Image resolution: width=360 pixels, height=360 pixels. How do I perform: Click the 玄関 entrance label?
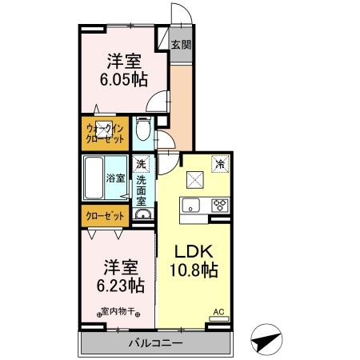[181, 45]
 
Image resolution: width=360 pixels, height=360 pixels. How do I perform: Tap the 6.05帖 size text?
[124, 79]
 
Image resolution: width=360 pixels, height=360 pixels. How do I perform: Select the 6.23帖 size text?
[121, 286]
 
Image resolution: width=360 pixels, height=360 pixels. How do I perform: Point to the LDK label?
[194, 251]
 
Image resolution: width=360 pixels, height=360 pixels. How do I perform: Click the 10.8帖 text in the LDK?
[194, 270]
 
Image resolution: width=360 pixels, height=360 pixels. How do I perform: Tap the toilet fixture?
[143, 129]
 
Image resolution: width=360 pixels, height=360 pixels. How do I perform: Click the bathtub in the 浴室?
[94, 178]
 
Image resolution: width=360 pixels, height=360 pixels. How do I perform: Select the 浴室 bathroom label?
[115, 178]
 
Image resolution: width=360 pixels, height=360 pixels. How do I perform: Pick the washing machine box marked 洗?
[141, 164]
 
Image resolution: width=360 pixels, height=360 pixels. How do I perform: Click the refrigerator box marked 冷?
[220, 164]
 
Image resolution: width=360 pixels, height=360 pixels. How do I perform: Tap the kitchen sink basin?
[190, 206]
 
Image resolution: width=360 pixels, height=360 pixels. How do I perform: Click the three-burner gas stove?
[220, 206]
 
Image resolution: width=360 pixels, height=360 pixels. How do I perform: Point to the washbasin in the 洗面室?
[143, 214]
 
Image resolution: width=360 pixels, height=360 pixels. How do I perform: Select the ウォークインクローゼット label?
[105, 134]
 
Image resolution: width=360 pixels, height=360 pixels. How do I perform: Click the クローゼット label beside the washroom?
[105, 216]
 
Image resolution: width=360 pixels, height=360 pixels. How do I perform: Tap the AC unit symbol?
[219, 318]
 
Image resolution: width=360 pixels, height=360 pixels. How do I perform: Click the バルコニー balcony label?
[156, 343]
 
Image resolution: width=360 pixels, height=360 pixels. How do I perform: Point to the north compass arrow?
[266, 340]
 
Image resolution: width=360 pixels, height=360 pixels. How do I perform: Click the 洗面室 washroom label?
[142, 191]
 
